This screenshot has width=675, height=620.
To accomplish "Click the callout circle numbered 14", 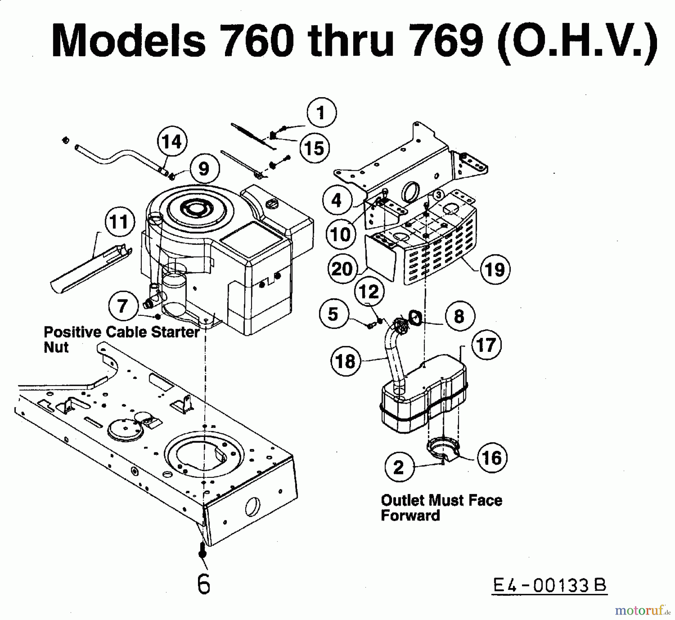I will [172, 141].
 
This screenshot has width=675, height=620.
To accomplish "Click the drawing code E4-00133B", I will [549, 585].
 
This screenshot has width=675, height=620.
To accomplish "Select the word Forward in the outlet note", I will [410, 515].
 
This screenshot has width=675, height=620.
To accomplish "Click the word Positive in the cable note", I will [73, 332].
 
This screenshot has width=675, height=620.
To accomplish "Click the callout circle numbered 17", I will [486, 345].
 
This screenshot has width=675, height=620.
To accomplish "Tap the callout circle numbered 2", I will [399, 467].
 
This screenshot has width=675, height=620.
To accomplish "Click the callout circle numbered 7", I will [123, 306].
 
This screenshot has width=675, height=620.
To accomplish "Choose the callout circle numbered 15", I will [314, 148].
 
